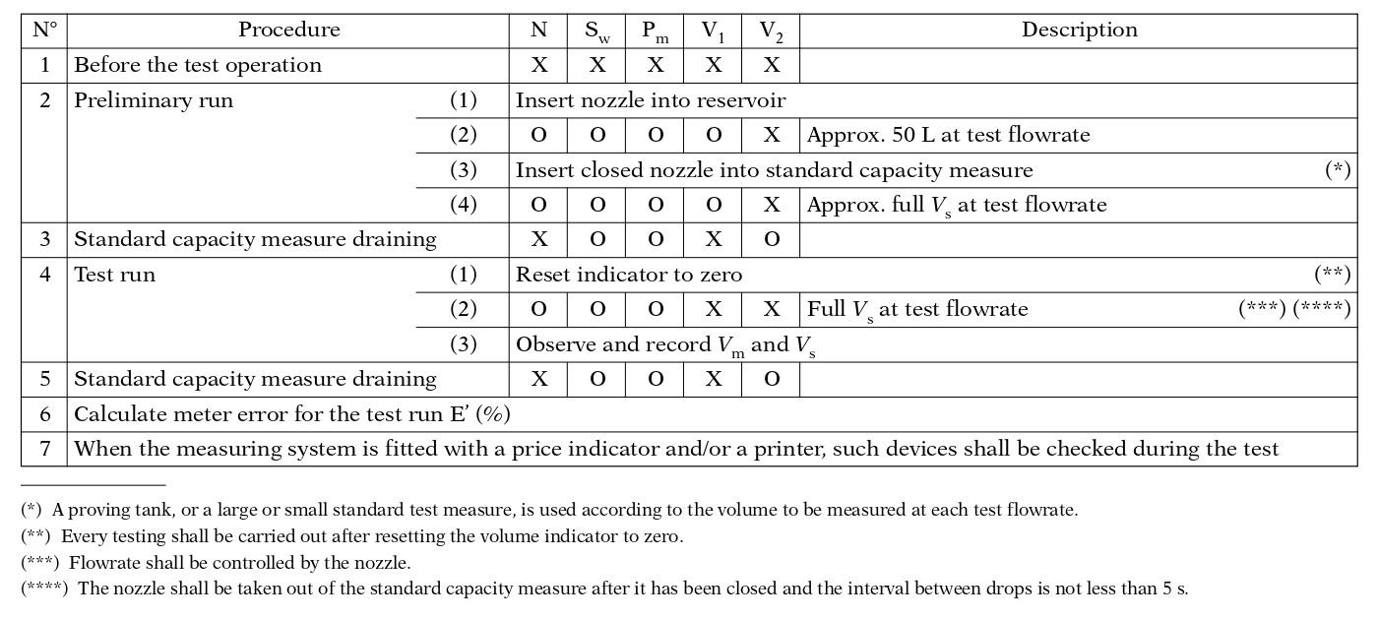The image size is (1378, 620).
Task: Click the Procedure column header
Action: coord(288,31)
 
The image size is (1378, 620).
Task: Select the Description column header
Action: coord(1079,31)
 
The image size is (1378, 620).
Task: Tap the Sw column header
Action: coord(596,31)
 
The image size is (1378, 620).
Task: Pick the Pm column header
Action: coord(655,31)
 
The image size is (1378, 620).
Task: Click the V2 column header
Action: coord(771,31)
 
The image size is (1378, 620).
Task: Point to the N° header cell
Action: coord(44,31)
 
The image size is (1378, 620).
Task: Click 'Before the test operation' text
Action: coord(198,66)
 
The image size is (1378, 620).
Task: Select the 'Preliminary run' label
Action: coord(154,100)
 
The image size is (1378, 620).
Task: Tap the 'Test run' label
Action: coord(114,275)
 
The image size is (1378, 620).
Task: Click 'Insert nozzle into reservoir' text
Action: coord(651,100)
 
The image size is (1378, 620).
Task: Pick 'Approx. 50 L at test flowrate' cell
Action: coord(948,135)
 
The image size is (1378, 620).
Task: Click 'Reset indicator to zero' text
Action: coord(629,275)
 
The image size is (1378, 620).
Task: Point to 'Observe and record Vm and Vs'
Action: coord(665,344)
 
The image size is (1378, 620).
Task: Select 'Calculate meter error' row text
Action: coord(292,414)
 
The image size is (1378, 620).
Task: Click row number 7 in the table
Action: coord(44,449)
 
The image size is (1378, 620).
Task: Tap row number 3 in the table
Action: coord(44,239)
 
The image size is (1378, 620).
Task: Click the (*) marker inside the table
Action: coord(1337,170)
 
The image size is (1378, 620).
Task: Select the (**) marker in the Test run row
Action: coord(1332,275)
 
